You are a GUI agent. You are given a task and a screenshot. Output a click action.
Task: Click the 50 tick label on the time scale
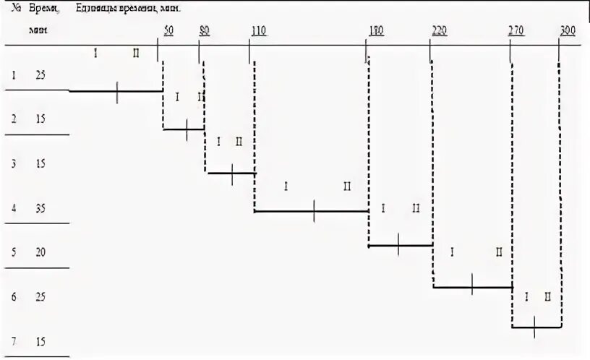point(168,30)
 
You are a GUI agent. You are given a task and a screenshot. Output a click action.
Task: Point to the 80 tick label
point(205,30)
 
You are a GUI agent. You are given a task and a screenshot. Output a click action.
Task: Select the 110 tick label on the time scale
point(258,30)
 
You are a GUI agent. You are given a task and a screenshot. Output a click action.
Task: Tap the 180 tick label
point(376,30)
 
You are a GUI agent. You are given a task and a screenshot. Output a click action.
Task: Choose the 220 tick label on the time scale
point(439,30)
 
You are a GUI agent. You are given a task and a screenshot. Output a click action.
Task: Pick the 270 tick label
point(516,30)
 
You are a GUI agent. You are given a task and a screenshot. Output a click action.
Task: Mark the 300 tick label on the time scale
point(568,30)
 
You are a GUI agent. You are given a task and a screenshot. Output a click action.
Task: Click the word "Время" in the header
point(43,8)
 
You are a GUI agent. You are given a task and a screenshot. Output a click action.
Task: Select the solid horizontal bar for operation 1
point(116,91)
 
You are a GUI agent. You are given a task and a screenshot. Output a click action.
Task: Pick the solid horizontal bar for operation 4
point(312,211)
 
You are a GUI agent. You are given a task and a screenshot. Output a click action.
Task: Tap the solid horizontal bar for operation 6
point(472,287)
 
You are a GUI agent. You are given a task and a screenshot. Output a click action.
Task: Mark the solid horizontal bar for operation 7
point(536,327)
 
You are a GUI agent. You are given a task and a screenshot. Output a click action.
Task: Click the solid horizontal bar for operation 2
point(184,129)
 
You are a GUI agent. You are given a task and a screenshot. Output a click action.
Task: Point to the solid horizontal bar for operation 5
point(400,246)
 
